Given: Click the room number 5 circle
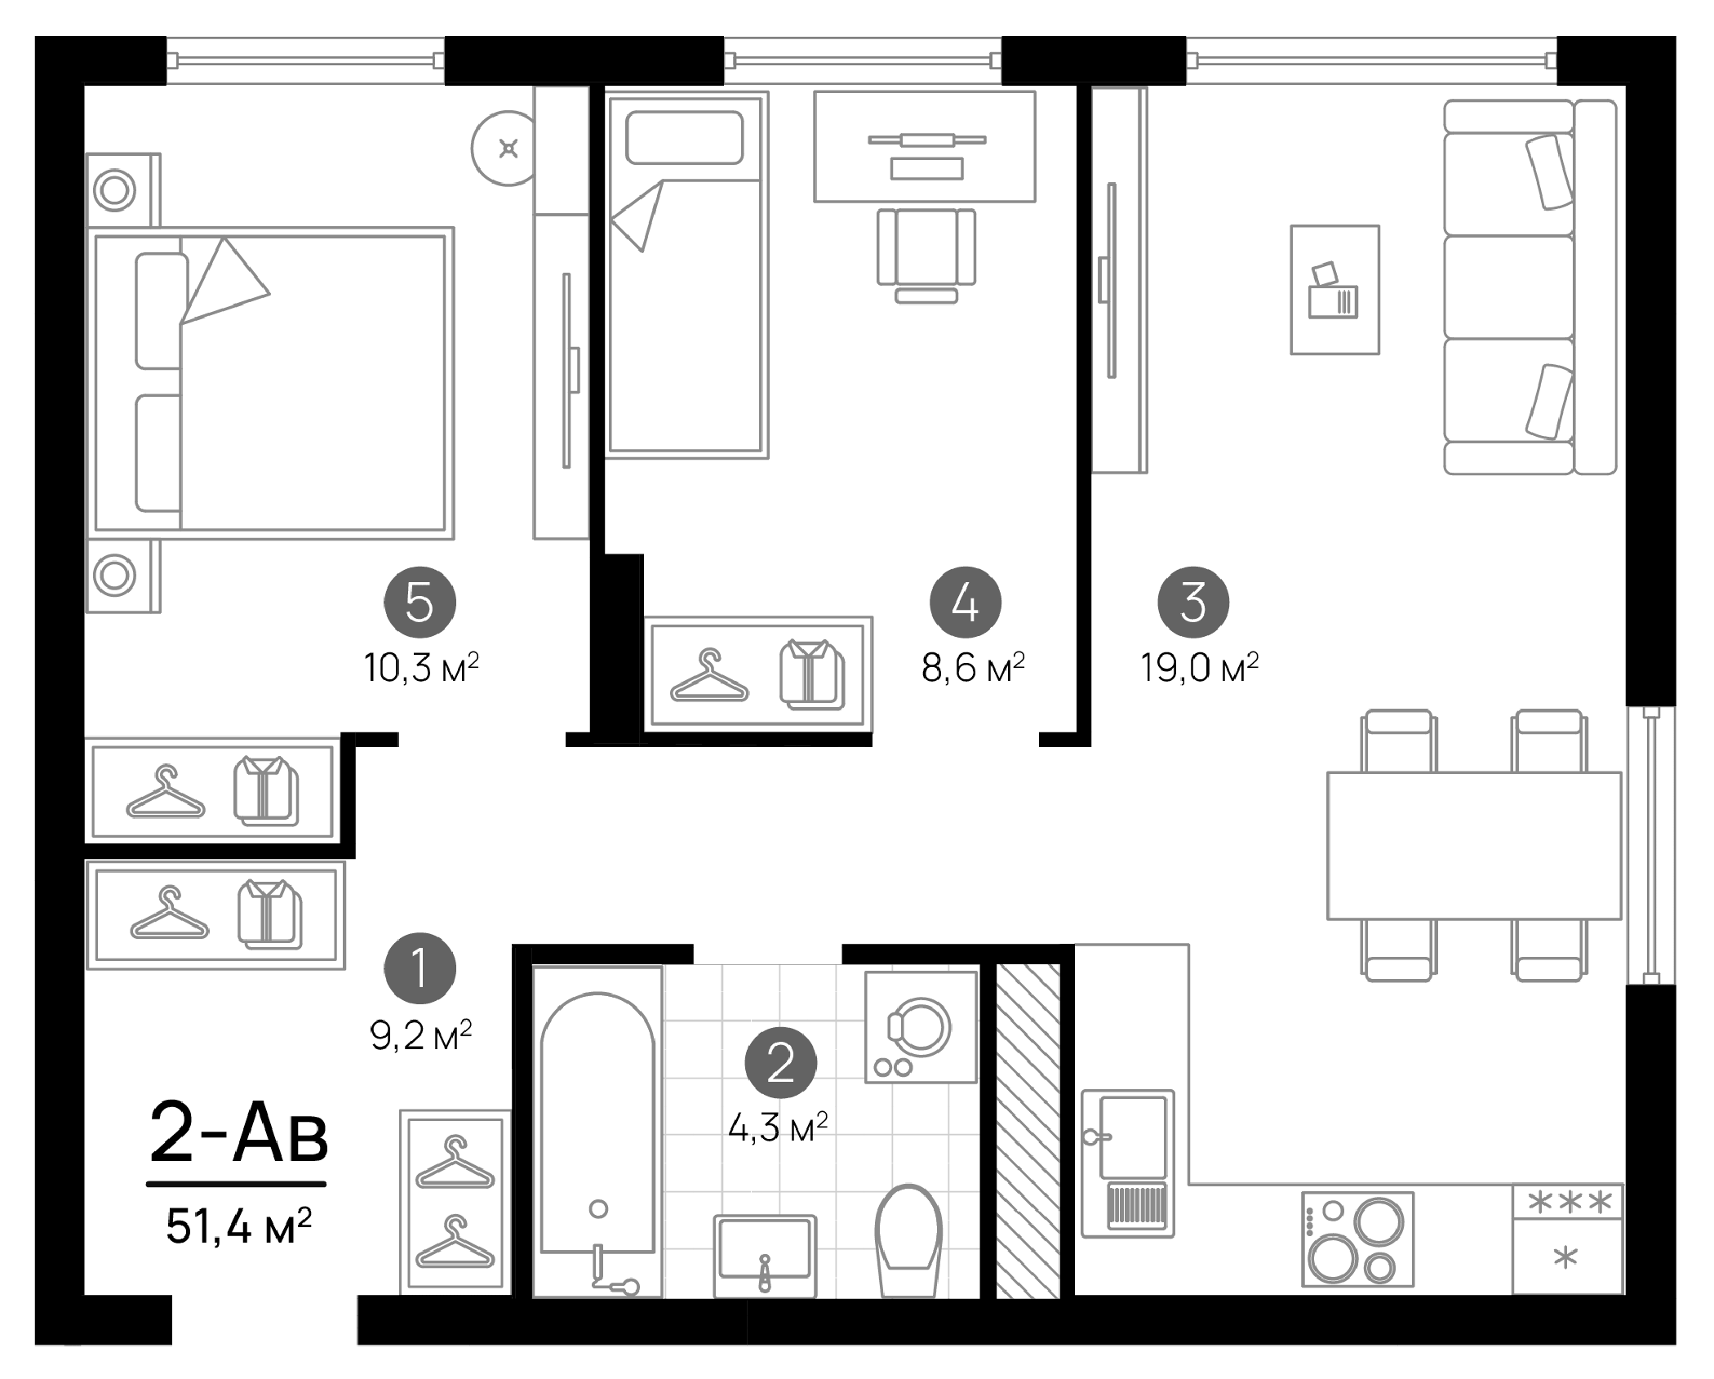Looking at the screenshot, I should coord(420,603).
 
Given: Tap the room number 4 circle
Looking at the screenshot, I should coord(966,603).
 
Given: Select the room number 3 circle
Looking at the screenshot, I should coord(1193,603).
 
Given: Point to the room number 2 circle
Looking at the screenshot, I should coord(780,1062).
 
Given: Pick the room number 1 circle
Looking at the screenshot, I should coord(420,968).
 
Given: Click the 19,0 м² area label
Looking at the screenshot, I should coord(1199,668).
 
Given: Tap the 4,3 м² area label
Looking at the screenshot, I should coord(778,1128).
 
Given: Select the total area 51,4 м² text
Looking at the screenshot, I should coord(238,1226).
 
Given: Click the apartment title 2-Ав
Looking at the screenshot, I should coord(238,1132).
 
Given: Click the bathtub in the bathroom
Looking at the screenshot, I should coord(598,1127).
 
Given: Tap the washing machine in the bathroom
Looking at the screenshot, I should coord(921,1028).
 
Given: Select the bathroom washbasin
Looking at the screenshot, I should coord(765,1255).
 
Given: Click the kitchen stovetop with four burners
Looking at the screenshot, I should coord(1358,1239).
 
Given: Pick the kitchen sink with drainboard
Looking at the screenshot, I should coord(1128,1163).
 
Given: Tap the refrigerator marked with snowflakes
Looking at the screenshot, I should coord(1567,1239).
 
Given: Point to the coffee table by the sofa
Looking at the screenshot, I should coord(1334,291).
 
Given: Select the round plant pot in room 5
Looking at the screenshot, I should coord(507,149).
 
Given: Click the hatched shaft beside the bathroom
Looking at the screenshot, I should coord(1028,1132).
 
